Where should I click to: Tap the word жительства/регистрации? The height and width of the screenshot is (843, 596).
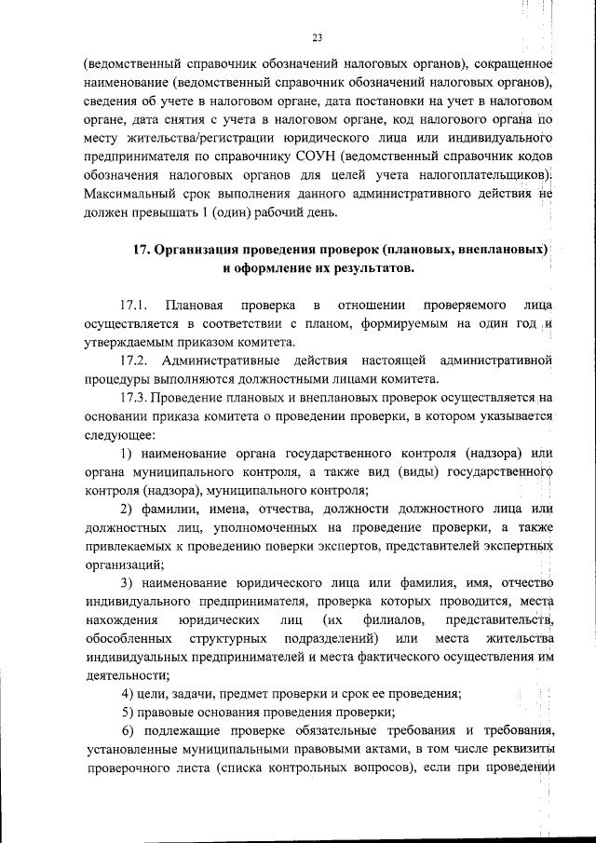click(x=182, y=138)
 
